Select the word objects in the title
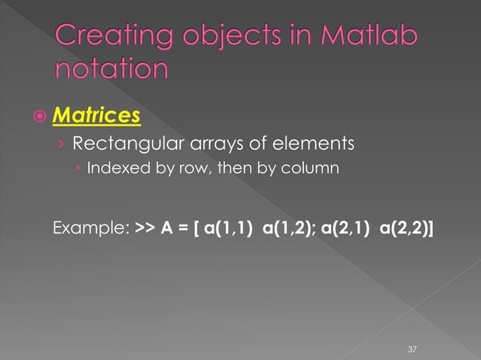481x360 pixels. tap(226, 38)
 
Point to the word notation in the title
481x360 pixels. tap(112, 69)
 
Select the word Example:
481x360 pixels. tap(90, 226)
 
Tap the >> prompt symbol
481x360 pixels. tap(144, 226)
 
